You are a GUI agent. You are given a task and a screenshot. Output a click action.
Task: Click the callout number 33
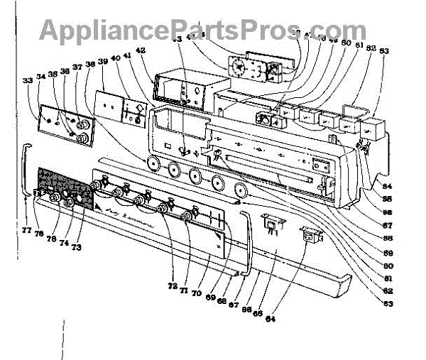click(28, 81)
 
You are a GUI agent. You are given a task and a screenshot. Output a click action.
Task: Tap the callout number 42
click(141, 50)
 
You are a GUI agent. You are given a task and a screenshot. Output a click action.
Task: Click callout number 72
click(172, 286)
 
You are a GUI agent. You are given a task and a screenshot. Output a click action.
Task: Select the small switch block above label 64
click(271, 223)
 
